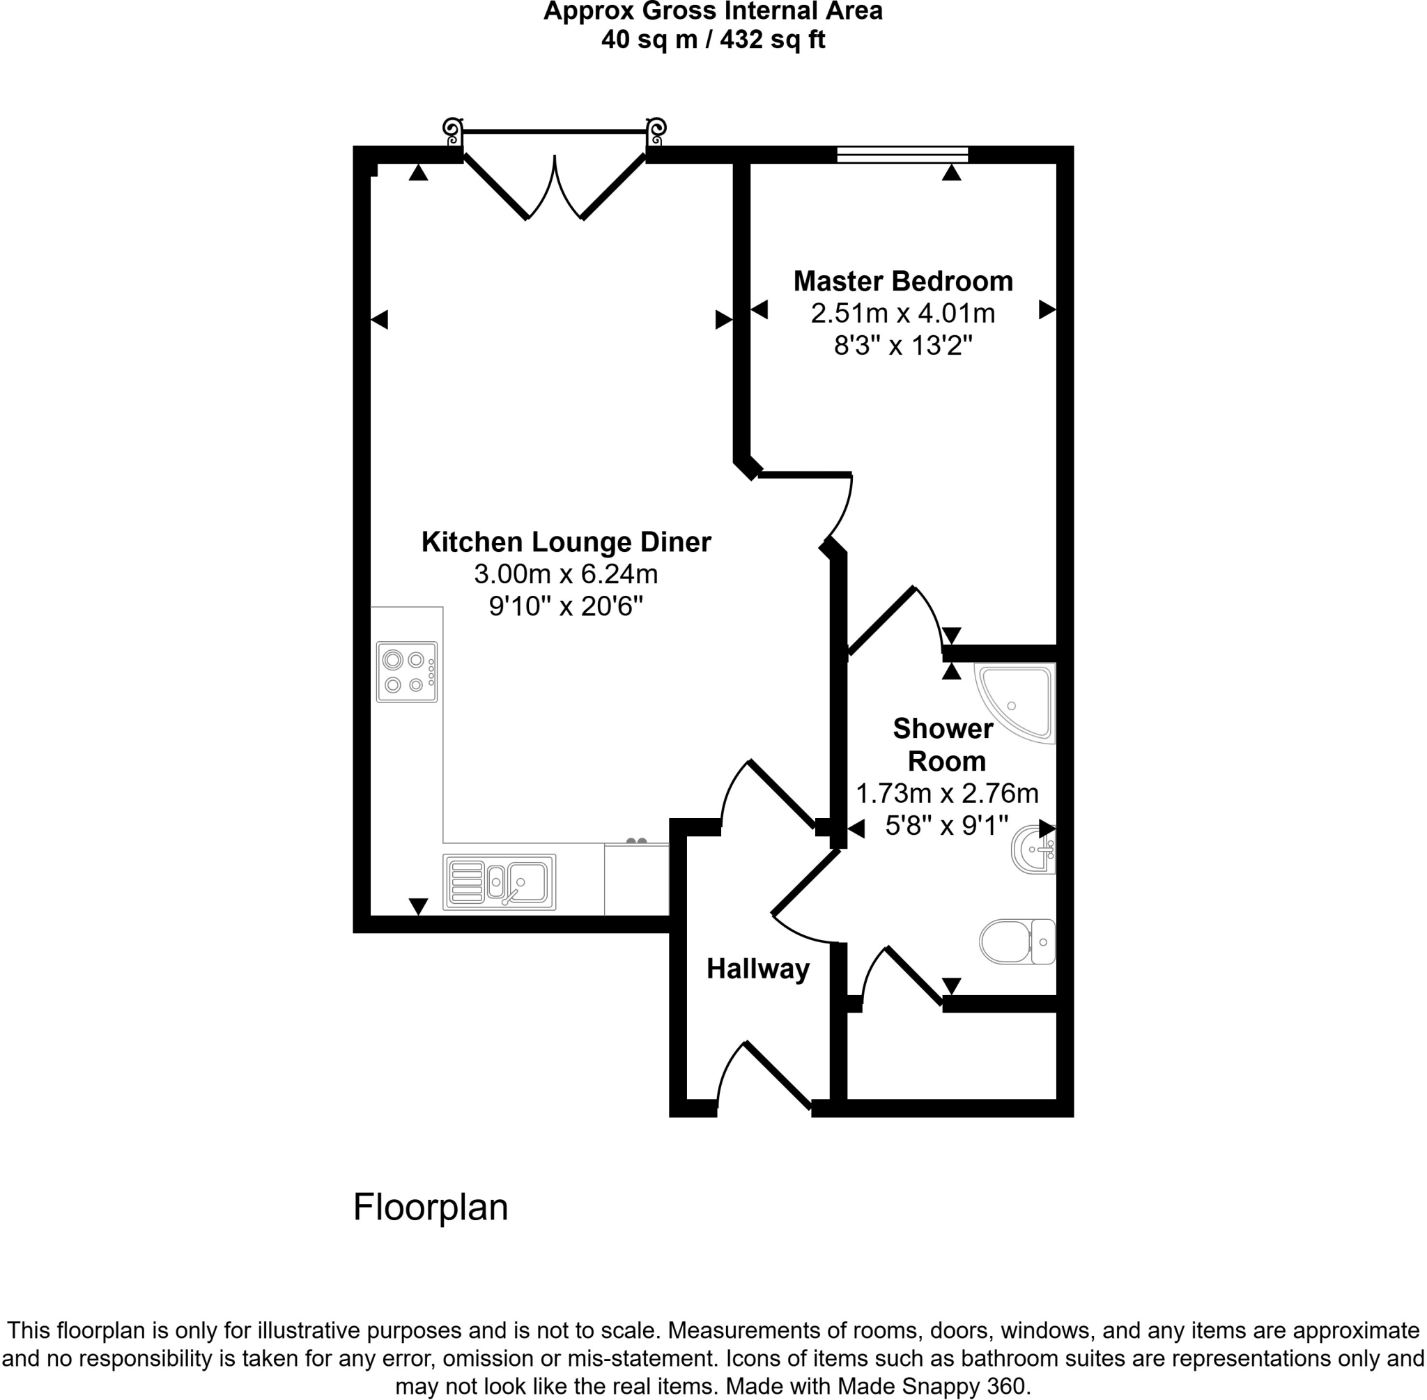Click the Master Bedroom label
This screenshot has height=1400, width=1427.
902,281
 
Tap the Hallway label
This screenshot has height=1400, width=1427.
757,969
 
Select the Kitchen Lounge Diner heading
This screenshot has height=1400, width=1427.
565,542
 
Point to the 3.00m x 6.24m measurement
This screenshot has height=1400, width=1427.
565,574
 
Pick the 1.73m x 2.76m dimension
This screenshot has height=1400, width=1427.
946,794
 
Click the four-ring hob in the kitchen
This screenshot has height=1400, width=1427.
406,672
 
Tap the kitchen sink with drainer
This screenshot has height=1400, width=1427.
499,882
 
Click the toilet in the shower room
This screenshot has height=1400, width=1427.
1016,941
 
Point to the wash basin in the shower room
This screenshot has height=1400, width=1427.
1034,850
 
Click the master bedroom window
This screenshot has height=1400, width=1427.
902,155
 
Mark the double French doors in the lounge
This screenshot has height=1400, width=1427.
555,187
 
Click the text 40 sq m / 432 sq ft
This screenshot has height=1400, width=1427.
712,39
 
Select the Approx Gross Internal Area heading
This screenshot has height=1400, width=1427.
712,11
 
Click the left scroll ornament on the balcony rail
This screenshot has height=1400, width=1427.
452,132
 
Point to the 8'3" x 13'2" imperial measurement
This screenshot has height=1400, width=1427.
902,345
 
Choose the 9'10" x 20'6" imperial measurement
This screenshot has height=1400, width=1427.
565,606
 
